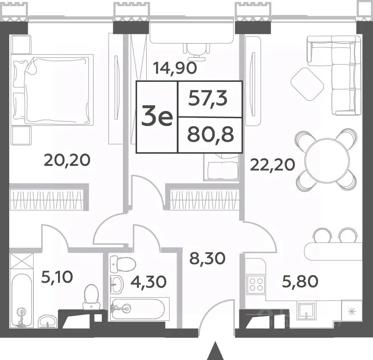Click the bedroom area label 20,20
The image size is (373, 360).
[67, 160]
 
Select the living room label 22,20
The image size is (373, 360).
[272, 165]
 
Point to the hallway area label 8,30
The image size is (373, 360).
[207, 259]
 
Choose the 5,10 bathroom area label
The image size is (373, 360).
[57, 277]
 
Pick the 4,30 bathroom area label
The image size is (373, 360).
[148, 282]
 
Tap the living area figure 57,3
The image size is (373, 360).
[208, 98]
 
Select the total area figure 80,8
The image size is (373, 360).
[210, 135]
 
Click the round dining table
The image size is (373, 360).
[327, 160]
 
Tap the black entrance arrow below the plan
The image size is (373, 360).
[216, 351]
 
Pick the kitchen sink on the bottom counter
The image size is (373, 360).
[306, 310]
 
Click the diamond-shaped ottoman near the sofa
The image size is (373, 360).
[307, 84]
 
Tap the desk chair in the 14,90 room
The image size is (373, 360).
[198, 50]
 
